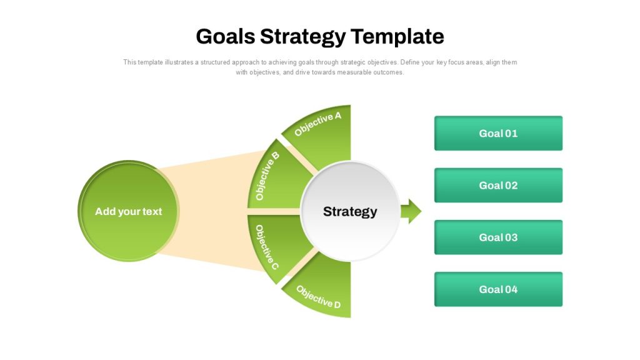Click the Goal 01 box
[x=498, y=133]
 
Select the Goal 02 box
[x=498, y=185]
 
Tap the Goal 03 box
[x=498, y=237]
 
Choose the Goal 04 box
[x=498, y=289]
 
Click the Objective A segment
[x=326, y=135]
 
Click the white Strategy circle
[x=350, y=211]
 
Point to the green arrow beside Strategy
[x=411, y=211]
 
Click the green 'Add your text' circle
[x=129, y=211]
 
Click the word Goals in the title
[x=226, y=36]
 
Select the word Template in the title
[x=397, y=37]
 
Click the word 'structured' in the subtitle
[x=215, y=62]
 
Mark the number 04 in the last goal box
[x=511, y=289]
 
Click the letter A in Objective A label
[x=337, y=116]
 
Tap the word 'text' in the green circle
[x=152, y=211]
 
